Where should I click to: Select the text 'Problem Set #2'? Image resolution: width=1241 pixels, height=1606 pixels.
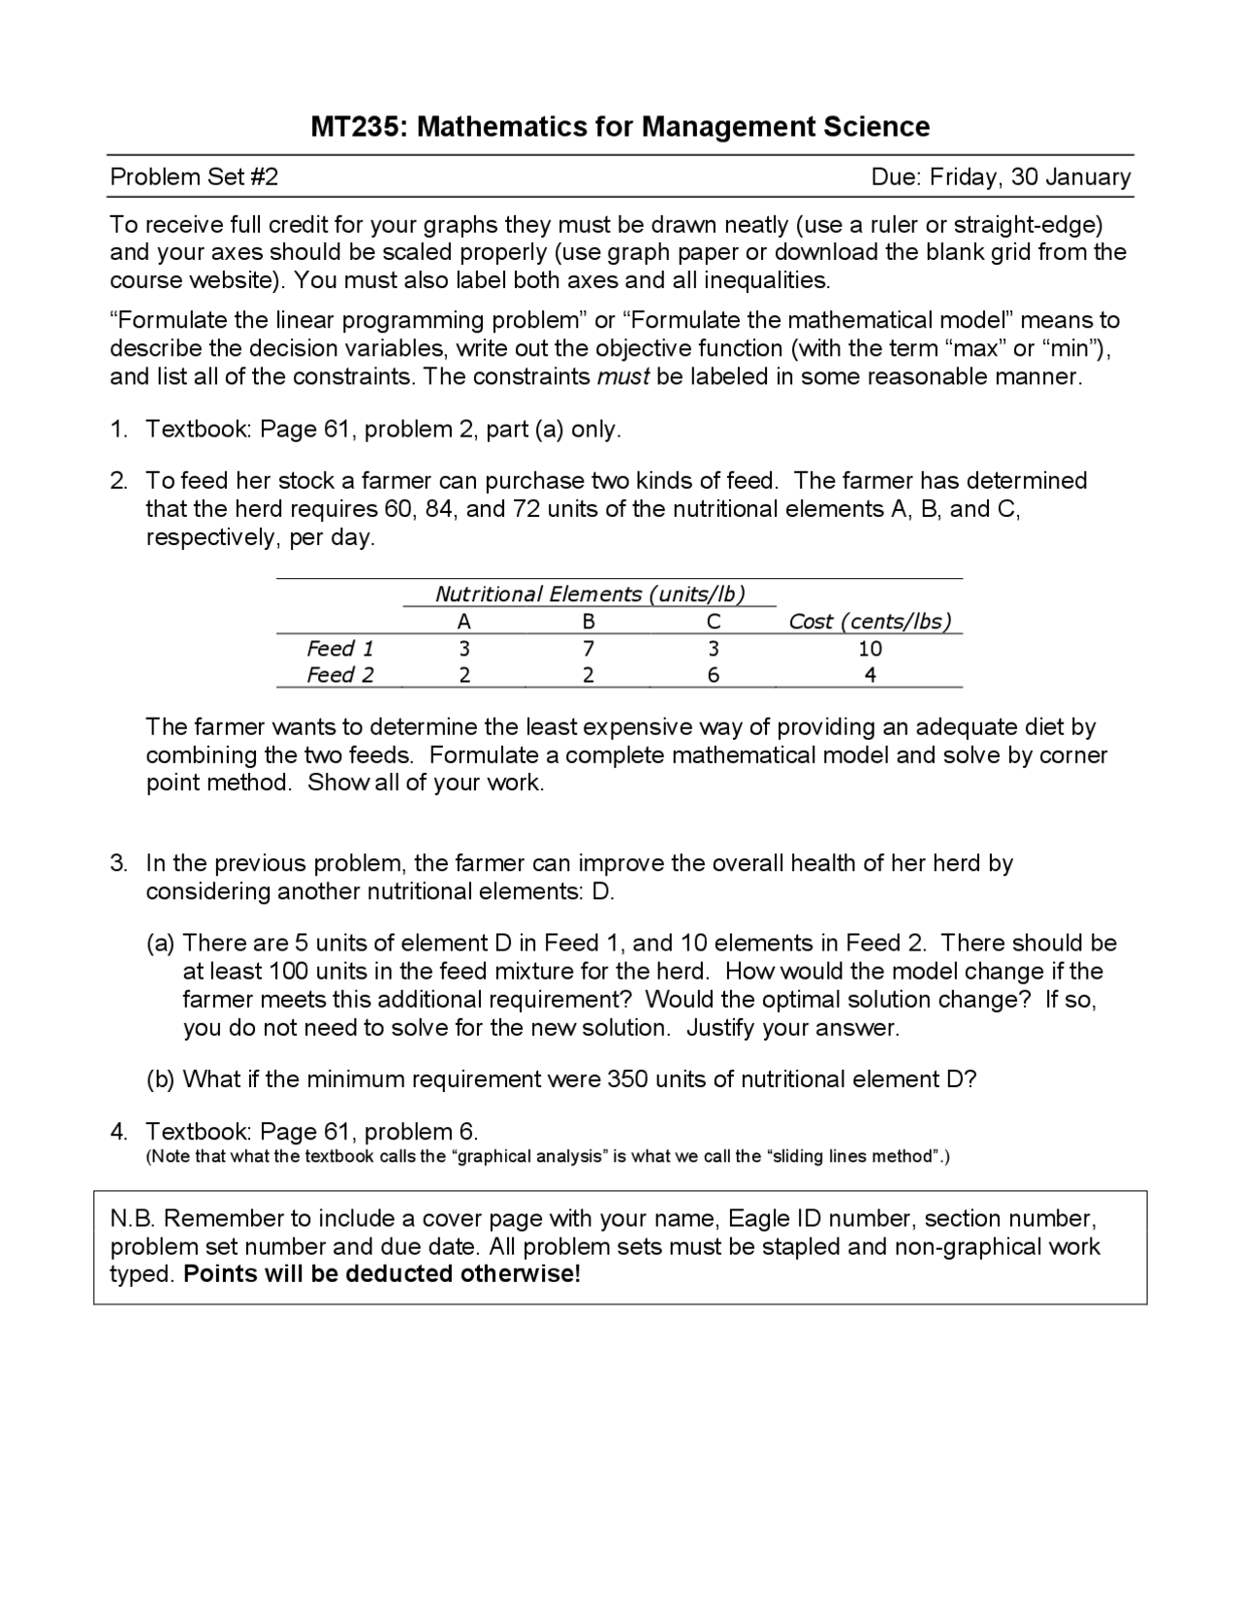tap(194, 177)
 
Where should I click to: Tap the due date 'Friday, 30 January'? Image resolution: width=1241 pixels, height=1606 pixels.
tap(1030, 177)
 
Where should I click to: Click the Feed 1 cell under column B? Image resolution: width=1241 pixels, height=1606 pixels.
tap(589, 649)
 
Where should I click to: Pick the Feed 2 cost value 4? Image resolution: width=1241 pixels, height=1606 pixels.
tap(870, 676)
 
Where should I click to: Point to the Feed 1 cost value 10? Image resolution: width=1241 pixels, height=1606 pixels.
tap(870, 649)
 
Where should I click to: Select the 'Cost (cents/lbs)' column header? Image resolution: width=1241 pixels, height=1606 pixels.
tap(870, 622)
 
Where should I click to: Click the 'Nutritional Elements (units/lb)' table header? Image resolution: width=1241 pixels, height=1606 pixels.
tap(589, 594)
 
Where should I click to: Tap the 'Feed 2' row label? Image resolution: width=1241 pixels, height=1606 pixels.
tap(339, 676)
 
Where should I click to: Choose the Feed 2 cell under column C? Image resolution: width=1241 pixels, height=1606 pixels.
tap(714, 676)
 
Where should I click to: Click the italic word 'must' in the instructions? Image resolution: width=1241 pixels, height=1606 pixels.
tap(622, 377)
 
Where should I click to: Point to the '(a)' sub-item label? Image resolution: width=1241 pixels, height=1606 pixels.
tap(160, 944)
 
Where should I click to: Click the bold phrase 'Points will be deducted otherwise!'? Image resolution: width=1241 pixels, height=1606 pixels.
tap(382, 1274)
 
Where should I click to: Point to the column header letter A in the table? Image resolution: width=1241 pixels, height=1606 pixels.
tap(464, 622)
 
